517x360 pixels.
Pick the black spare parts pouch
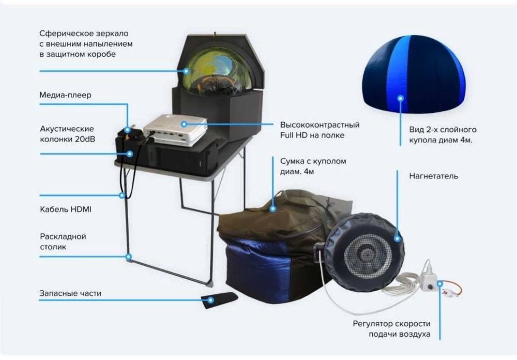point(219,299)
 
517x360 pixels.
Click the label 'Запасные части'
point(70,293)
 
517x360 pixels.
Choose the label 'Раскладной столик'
point(63,242)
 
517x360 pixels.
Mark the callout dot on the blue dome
point(400,97)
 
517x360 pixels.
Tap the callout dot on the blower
point(397,239)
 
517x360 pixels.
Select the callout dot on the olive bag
point(273,209)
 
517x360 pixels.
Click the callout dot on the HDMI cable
point(122,195)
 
